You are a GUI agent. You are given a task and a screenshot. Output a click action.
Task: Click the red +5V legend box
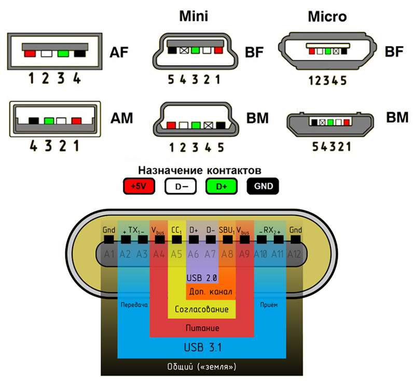pyautogui.click(x=139, y=186)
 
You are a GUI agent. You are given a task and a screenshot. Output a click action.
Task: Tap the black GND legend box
pyautogui.click(x=265, y=186)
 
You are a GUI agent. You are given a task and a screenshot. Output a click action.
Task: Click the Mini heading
pyautogui.click(x=193, y=16)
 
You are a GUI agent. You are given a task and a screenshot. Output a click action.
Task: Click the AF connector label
pyautogui.click(x=119, y=52)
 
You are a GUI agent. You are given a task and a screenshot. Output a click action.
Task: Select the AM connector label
pyautogui.click(x=121, y=118)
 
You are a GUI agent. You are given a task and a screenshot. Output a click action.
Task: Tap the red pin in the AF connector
pyautogui.click(x=30, y=53)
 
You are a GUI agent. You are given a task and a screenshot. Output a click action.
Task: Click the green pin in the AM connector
pyautogui.click(x=49, y=120)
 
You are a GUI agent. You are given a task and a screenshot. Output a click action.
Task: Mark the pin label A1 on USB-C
pyautogui.click(x=109, y=254)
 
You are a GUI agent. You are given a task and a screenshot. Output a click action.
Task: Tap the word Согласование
pyautogui.click(x=202, y=309)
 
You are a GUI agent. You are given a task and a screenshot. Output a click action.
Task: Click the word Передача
pyautogui.click(x=134, y=305)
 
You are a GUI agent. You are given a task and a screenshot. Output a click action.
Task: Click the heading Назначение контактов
pyautogui.click(x=200, y=170)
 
